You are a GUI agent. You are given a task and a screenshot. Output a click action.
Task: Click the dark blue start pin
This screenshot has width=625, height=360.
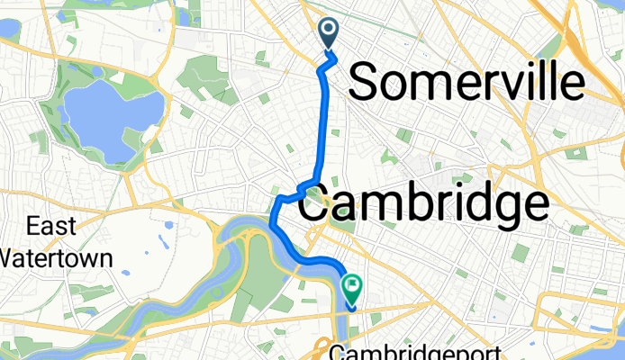(x=329, y=34)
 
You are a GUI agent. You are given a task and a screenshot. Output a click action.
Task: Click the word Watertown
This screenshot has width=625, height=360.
(x=56, y=258)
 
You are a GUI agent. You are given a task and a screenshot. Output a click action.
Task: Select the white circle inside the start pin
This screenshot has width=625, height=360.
(x=329, y=31)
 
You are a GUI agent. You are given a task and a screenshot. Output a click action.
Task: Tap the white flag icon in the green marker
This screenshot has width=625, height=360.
(x=352, y=287)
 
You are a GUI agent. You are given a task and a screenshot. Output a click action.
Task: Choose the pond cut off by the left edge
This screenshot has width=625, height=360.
(x=7, y=27)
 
